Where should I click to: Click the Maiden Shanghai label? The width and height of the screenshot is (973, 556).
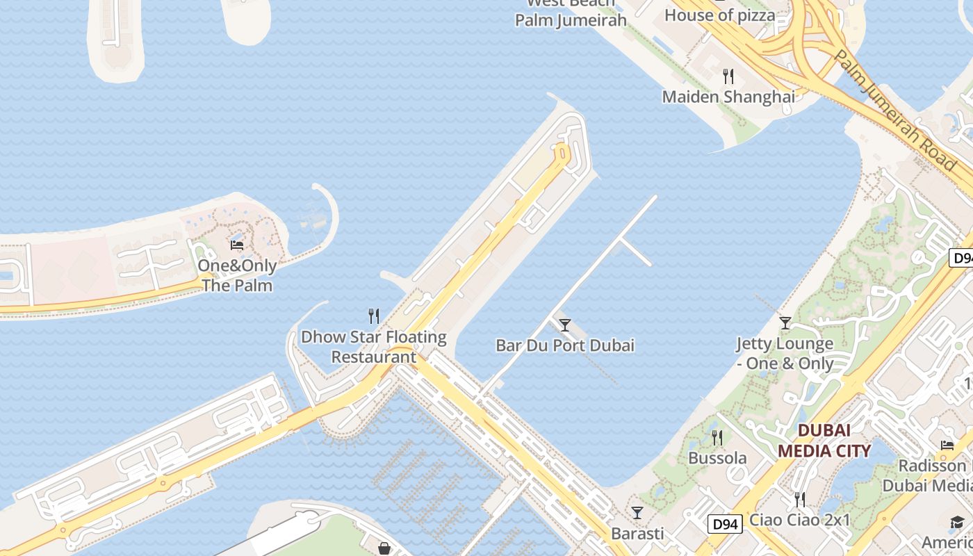point(728,97)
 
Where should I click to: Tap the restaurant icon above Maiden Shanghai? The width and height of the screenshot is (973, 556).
point(728,76)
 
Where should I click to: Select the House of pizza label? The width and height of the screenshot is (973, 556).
point(719,14)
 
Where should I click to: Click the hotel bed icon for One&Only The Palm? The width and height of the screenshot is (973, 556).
point(237,245)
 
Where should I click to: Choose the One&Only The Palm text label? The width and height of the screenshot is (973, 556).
point(237,275)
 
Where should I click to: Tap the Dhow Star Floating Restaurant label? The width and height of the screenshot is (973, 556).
point(373,347)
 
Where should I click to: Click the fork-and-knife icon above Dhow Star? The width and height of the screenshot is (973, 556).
point(374,316)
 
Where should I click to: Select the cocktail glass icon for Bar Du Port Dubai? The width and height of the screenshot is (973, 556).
point(565,325)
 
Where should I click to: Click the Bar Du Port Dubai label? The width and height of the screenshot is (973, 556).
point(565,345)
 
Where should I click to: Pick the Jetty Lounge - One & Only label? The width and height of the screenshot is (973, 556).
point(785,353)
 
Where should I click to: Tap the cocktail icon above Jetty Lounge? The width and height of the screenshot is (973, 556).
point(785,322)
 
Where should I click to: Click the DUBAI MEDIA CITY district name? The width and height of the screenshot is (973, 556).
point(824,440)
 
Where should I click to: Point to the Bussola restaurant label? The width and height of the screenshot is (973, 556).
point(717,458)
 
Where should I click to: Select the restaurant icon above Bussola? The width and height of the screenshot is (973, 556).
point(717,437)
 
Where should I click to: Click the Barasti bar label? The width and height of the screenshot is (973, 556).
point(637,534)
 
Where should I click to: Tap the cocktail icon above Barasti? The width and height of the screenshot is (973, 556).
point(637,513)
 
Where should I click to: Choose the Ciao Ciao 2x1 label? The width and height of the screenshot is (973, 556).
point(799,520)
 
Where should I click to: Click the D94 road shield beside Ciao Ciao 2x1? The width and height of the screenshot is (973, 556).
point(725,523)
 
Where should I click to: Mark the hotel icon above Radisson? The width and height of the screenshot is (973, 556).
point(947,445)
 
